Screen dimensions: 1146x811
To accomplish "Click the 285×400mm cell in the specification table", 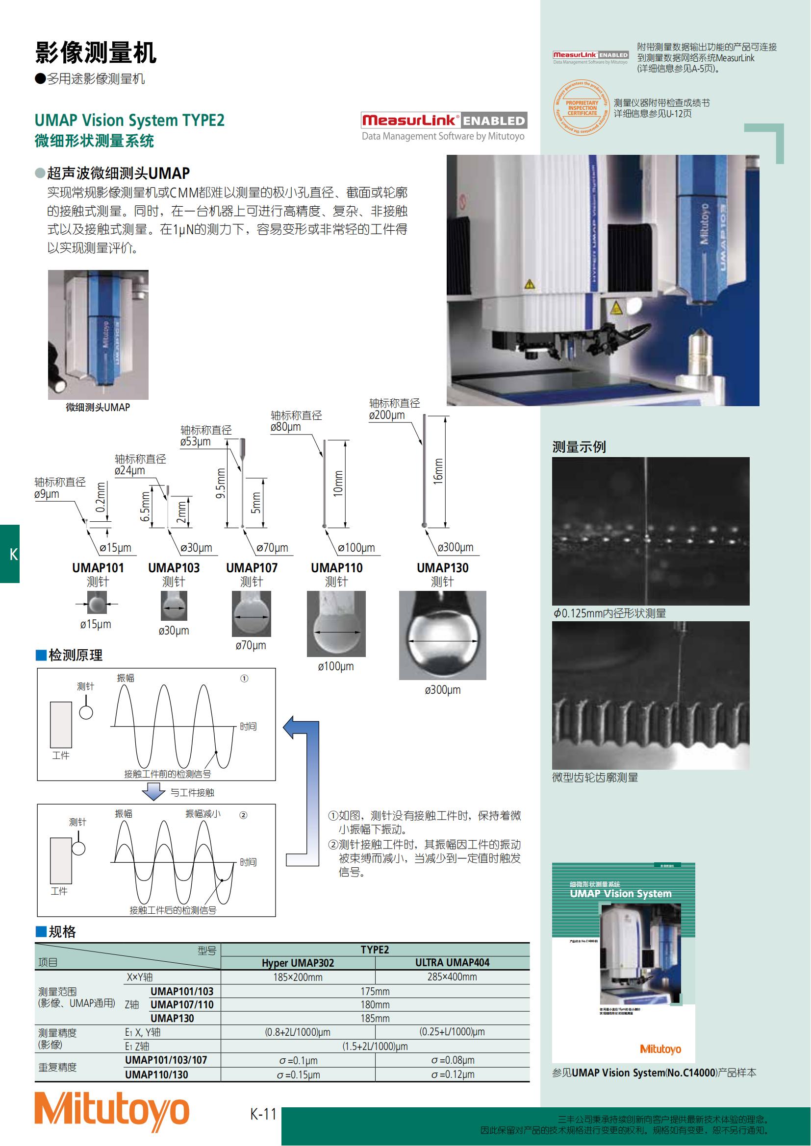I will (x=452, y=977).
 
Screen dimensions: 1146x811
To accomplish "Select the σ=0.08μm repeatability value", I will (x=453, y=1060).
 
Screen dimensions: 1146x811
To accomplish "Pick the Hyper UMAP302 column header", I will (x=298, y=963).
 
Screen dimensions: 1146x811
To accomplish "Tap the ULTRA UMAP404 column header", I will (x=452, y=962).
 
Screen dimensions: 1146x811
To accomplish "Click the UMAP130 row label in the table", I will (x=172, y=1018).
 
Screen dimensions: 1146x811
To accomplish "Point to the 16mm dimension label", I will (x=438, y=471).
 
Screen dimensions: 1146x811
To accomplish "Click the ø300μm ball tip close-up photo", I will (x=442, y=635).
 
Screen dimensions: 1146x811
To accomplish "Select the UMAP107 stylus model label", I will (x=252, y=567).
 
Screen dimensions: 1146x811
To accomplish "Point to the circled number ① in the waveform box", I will (x=244, y=678).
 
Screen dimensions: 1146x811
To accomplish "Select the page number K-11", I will (x=263, y=1114).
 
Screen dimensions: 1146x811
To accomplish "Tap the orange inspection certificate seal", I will (x=582, y=108).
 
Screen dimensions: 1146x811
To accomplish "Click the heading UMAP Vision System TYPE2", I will (x=129, y=121).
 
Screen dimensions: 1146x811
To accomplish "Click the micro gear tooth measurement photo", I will (x=650, y=695).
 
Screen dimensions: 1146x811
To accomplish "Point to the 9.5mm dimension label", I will (x=221, y=483).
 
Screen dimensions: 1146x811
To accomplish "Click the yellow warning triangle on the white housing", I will (x=529, y=285).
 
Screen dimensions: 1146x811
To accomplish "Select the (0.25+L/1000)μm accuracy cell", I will (x=452, y=1032).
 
